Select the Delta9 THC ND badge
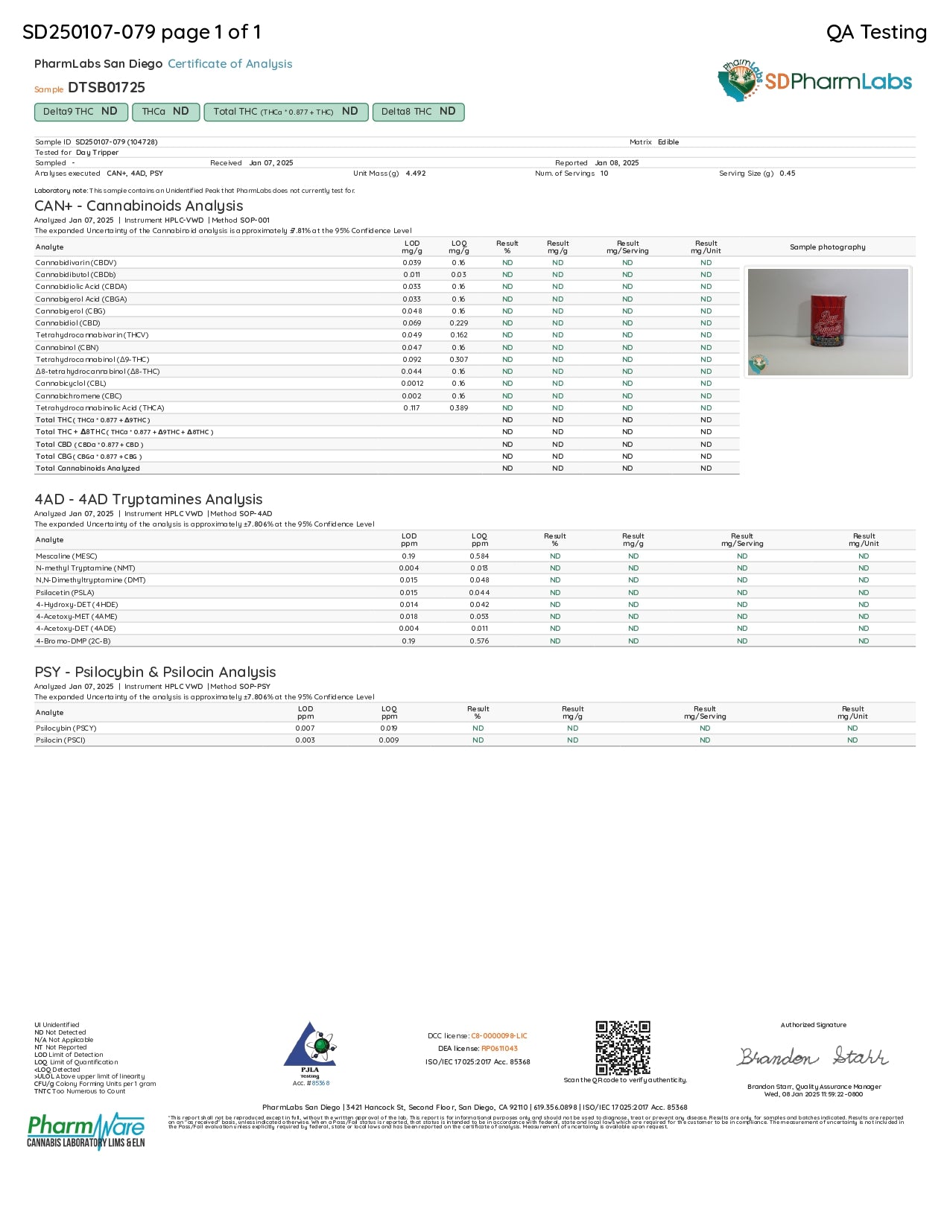(x=80, y=112)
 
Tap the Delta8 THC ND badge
(x=418, y=112)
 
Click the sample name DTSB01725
(x=107, y=88)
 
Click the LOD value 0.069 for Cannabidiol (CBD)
(x=412, y=323)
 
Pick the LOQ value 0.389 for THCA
(x=459, y=408)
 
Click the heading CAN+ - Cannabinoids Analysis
(x=139, y=206)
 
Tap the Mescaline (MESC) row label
(x=66, y=556)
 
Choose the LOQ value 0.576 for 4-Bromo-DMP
(x=479, y=641)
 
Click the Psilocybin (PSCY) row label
(x=66, y=728)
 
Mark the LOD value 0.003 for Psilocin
(x=305, y=740)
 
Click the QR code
(x=623, y=1048)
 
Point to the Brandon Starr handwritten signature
(x=813, y=1057)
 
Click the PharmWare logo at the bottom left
(x=86, y=1131)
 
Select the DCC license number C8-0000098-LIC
(x=498, y=1036)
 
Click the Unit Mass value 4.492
(x=416, y=174)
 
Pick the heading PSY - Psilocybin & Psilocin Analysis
(x=155, y=673)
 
